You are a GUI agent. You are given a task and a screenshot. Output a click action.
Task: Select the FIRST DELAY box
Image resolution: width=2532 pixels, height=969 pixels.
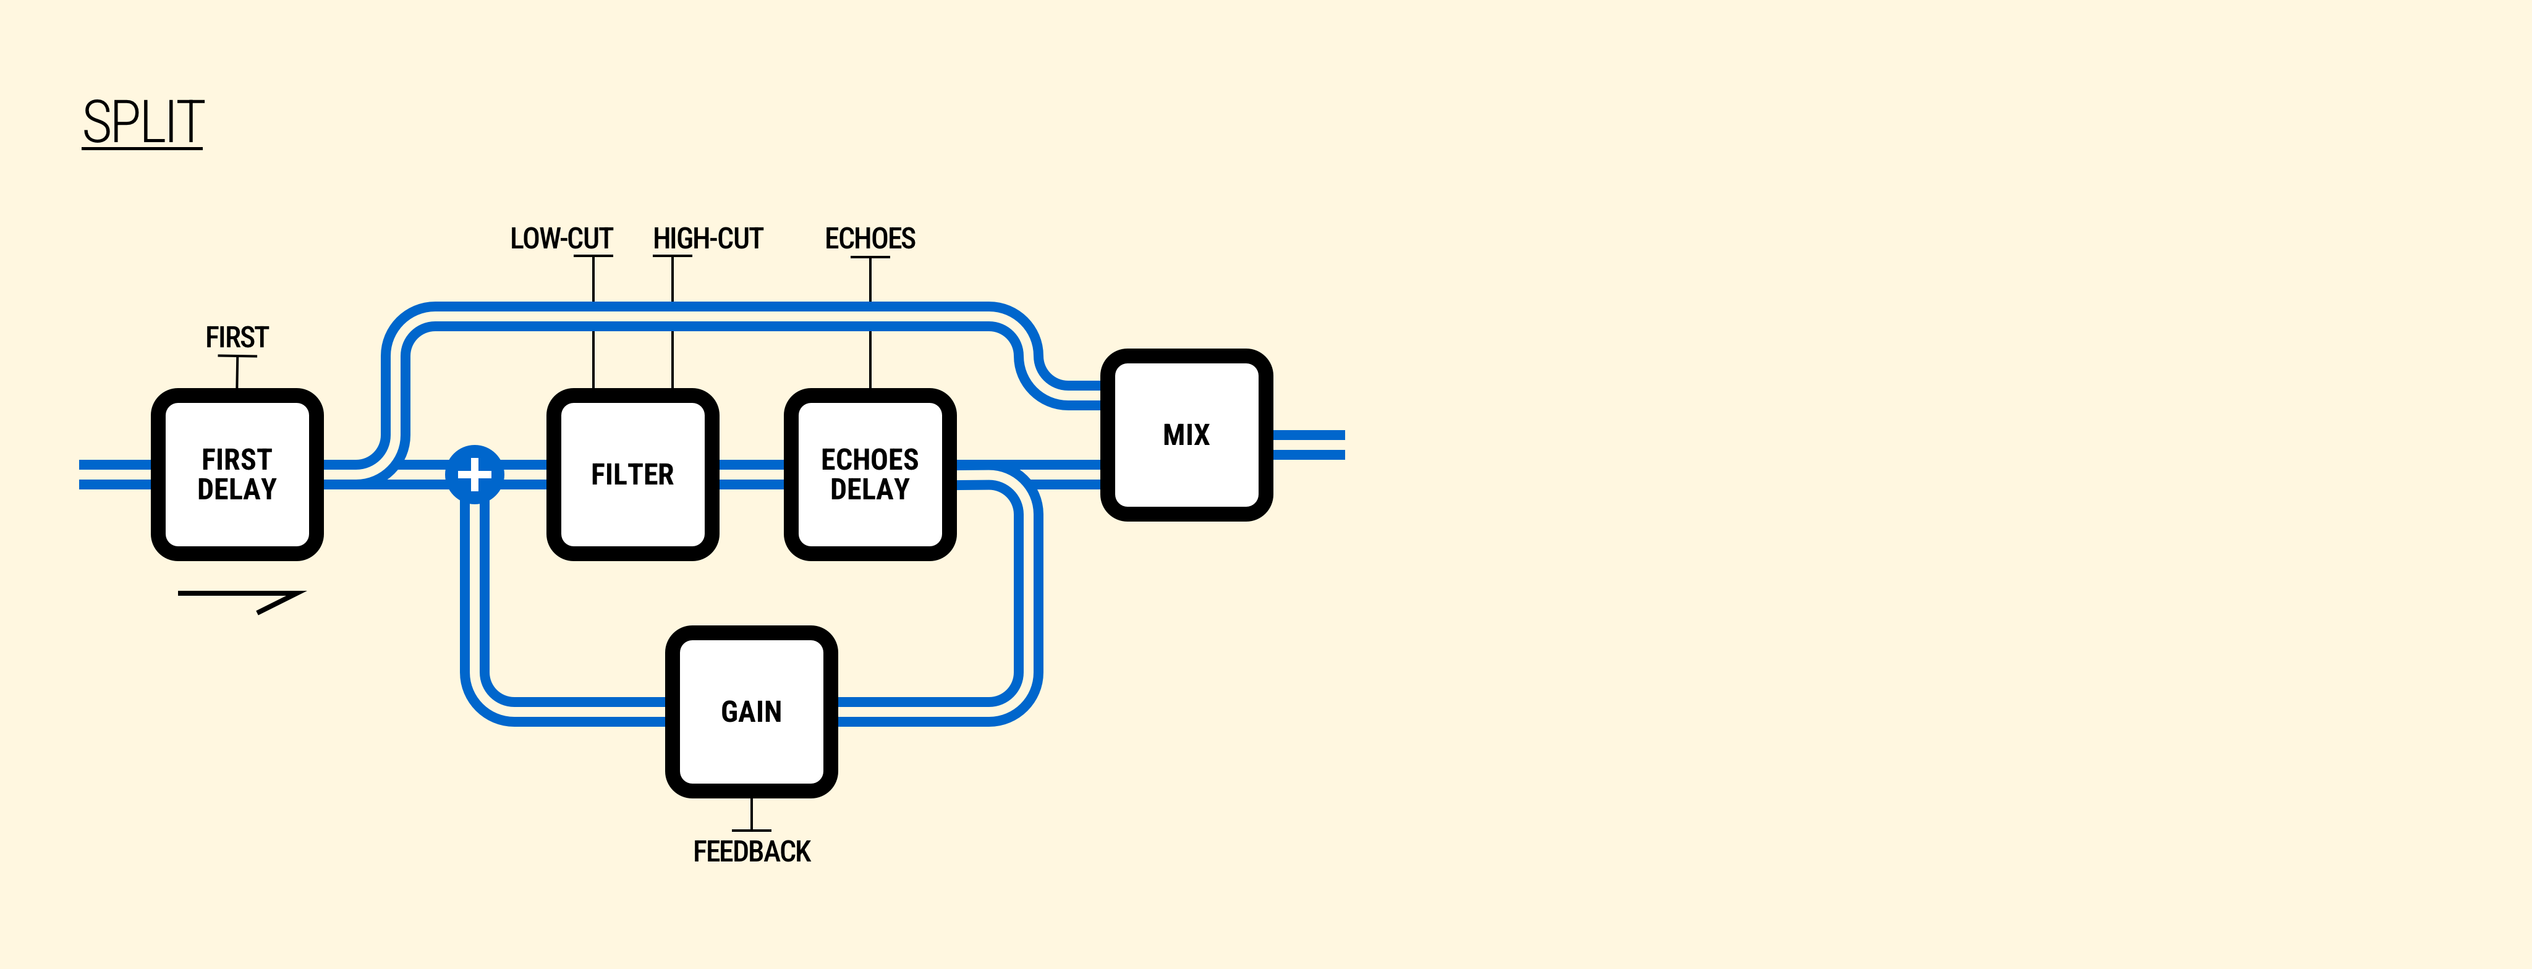click(237, 475)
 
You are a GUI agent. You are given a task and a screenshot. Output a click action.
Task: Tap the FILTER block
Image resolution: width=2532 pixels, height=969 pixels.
click(632, 475)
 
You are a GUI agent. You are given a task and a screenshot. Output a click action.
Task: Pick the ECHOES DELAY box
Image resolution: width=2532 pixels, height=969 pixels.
click(870, 475)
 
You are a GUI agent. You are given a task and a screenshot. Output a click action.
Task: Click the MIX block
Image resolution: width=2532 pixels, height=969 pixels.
click(1186, 434)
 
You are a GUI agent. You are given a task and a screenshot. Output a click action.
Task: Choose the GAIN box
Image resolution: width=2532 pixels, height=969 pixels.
click(751, 711)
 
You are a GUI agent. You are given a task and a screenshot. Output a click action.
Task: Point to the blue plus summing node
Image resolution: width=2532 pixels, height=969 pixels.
click(475, 475)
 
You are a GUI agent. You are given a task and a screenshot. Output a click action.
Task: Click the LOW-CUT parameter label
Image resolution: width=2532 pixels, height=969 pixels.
click(561, 239)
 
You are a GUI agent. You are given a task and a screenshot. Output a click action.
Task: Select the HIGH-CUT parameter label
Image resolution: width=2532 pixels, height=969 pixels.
click(708, 239)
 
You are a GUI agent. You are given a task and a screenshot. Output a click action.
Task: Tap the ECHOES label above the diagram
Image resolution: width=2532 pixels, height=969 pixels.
click(870, 239)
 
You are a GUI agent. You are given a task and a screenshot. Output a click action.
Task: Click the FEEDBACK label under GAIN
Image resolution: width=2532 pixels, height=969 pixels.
click(752, 851)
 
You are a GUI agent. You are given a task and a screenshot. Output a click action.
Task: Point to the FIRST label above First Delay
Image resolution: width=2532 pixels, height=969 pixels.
click(237, 337)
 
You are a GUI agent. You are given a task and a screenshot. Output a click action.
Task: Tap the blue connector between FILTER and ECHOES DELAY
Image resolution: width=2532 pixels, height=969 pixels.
click(752, 475)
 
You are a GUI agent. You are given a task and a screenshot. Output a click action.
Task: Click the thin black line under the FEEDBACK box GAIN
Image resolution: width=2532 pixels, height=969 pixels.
click(752, 814)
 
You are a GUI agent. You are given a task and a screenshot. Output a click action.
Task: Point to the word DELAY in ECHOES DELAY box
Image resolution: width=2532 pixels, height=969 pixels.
click(870, 489)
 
